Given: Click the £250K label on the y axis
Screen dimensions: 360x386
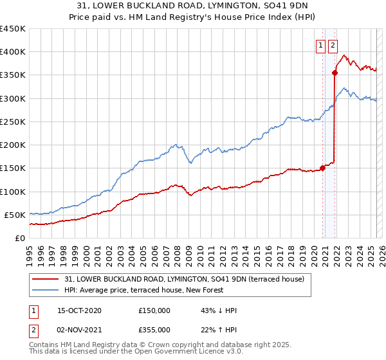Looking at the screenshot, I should tap(12, 122).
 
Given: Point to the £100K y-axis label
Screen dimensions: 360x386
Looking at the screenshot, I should tap(12, 192).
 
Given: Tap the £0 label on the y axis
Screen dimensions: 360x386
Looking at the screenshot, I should tap(19, 238).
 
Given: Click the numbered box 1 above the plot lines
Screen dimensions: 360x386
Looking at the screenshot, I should tap(320, 45).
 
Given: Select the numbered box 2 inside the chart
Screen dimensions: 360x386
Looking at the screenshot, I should tap(332, 45).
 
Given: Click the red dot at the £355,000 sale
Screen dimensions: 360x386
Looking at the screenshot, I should tap(335, 73).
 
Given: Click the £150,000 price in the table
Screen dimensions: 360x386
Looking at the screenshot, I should tap(154, 310).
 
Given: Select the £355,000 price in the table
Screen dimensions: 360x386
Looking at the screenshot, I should tap(154, 330).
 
